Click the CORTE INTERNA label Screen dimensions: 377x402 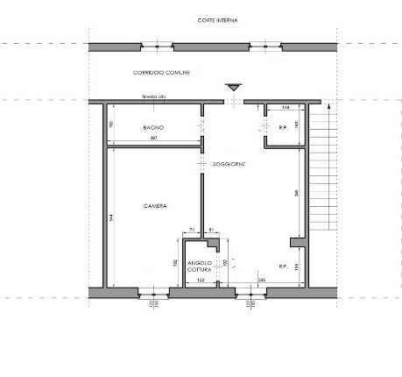tap(219, 19)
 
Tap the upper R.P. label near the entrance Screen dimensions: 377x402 tap(283, 128)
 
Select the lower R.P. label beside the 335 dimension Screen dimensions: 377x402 tap(283, 267)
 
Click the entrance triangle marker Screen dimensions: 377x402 tap(233, 87)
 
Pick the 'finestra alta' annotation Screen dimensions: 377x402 tap(153, 98)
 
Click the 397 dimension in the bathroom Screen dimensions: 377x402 tap(153, 139)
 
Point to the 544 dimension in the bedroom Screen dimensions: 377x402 tap(112, 217)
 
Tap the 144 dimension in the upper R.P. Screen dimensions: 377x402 tap(286, 107)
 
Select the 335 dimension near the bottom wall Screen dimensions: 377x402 tap(262, 280)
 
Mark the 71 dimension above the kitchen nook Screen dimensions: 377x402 tap(191, 229)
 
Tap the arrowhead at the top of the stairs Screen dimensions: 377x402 tap(326, 106)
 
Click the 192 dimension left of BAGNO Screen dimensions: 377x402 tap(112, 125)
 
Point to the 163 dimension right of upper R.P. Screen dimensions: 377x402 tap(298, 125)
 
